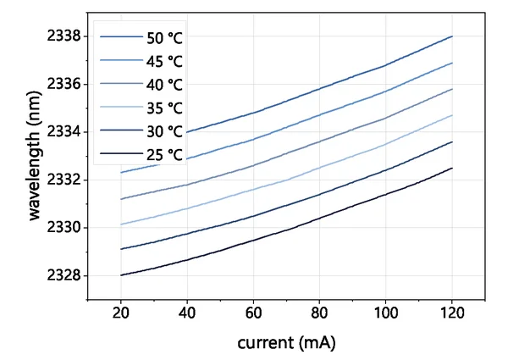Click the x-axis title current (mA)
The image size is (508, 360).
[x=287, y=343]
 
